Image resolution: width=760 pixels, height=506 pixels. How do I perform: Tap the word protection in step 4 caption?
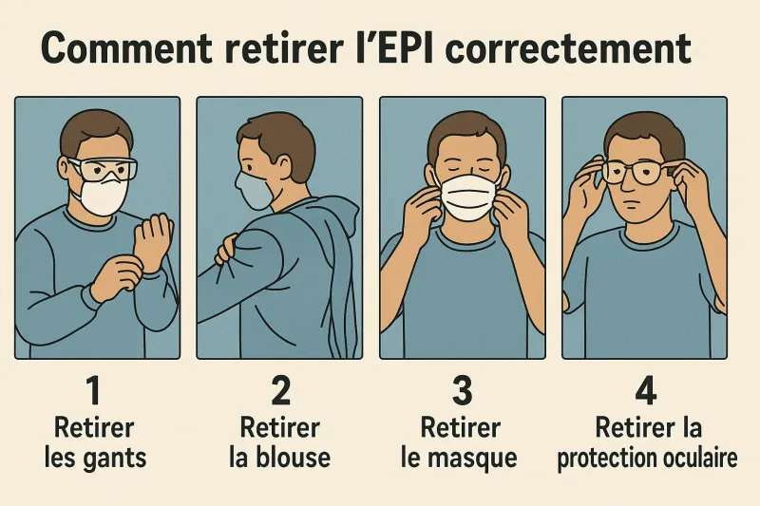602,458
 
